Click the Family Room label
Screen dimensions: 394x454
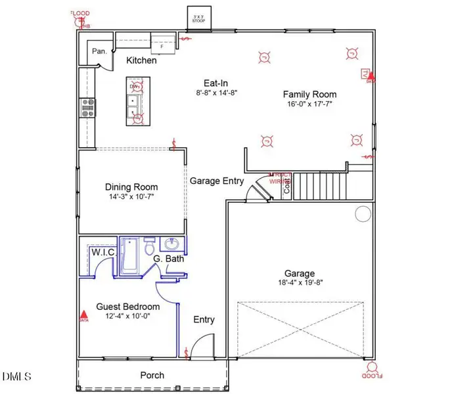click(309, 94)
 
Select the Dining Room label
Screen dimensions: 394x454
click(131, 187)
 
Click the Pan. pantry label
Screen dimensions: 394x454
click(100, 51)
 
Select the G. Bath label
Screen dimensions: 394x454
click(168, 259)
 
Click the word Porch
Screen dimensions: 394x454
click(152, 375)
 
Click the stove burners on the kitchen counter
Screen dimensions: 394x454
click(87, 107)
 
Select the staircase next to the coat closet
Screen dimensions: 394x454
click(319, 186)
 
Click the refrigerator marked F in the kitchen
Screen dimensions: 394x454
click(162, 45)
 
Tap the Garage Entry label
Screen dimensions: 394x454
click(217, 181)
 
